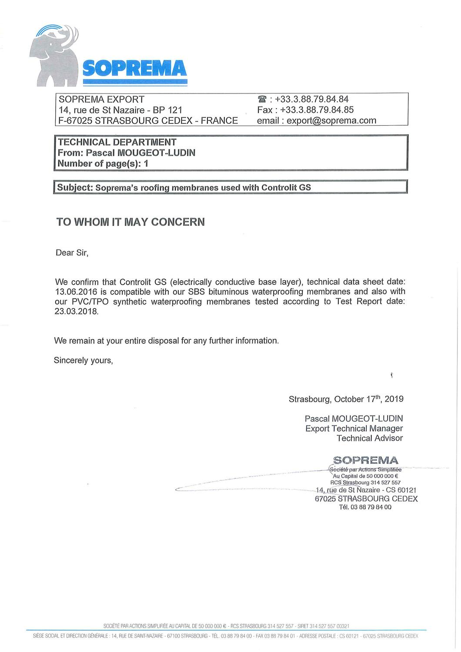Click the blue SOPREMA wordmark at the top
click(134, 68)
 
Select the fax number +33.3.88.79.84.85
click(317, 110)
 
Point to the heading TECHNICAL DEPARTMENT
click(117, 142)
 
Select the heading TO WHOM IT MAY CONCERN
click(130, 222)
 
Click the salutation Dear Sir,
click(72, 253)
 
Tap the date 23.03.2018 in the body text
click(77, 312)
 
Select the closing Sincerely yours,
click(84, 360)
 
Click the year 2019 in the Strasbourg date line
click(394, 399)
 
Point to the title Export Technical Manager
click(354, 429)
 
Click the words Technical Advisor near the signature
click(370, 439)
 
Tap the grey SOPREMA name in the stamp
click(365, 460)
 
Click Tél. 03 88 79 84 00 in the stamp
click(365, 507)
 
